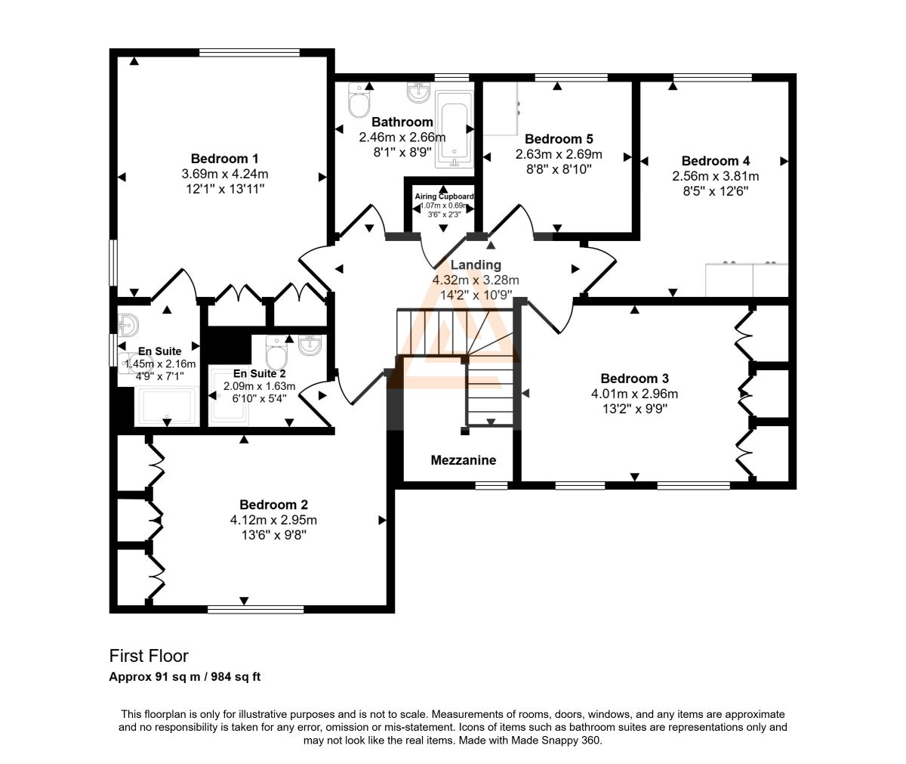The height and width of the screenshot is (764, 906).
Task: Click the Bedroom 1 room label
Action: point(224,159)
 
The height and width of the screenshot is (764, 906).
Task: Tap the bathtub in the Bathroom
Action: point(454,129)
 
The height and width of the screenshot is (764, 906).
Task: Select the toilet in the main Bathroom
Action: point(359,101)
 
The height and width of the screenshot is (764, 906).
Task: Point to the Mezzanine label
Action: point(463,460)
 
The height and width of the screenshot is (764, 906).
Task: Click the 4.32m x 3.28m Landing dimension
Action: point(476,280)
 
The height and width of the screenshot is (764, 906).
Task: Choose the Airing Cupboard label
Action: point(444,196)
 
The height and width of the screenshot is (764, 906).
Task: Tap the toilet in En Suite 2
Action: point(276,352)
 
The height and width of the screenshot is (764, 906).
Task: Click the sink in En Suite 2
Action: point(310,345)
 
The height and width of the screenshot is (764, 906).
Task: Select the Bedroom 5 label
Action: point(559,139)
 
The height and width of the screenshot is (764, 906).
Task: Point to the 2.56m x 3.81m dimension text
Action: point(716,176)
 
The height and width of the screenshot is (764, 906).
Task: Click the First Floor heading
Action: point(149,656)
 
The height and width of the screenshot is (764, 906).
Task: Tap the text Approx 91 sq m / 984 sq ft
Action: point(185,676)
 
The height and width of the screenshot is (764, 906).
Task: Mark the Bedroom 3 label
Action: point(634,379)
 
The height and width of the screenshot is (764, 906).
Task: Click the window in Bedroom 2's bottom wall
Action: point(256,610)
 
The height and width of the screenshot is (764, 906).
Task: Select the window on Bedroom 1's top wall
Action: point(249,53)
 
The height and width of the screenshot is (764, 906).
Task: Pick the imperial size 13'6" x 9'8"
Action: point(274,535)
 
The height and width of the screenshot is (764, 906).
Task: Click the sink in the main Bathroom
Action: point(419,93)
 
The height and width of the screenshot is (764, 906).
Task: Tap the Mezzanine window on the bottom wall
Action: point(492,486)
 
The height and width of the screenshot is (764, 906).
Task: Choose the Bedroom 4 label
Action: point(716,161)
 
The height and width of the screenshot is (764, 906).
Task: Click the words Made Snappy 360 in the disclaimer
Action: point(556,740)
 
